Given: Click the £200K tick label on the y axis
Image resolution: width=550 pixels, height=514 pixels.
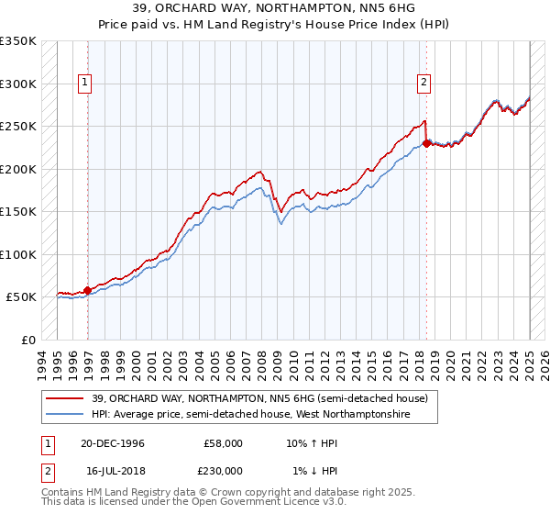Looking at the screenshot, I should tap(17, 169).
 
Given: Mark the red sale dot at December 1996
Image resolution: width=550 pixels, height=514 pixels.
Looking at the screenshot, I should tap(88, 290).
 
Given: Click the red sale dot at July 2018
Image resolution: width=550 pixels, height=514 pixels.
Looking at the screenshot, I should tap(426, 143).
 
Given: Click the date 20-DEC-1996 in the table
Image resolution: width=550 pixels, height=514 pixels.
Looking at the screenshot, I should tap(113, 443).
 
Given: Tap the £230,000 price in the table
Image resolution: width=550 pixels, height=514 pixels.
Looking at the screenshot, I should tap(224, 471).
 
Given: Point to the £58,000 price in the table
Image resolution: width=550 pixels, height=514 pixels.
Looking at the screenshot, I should tap(224, 443).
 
